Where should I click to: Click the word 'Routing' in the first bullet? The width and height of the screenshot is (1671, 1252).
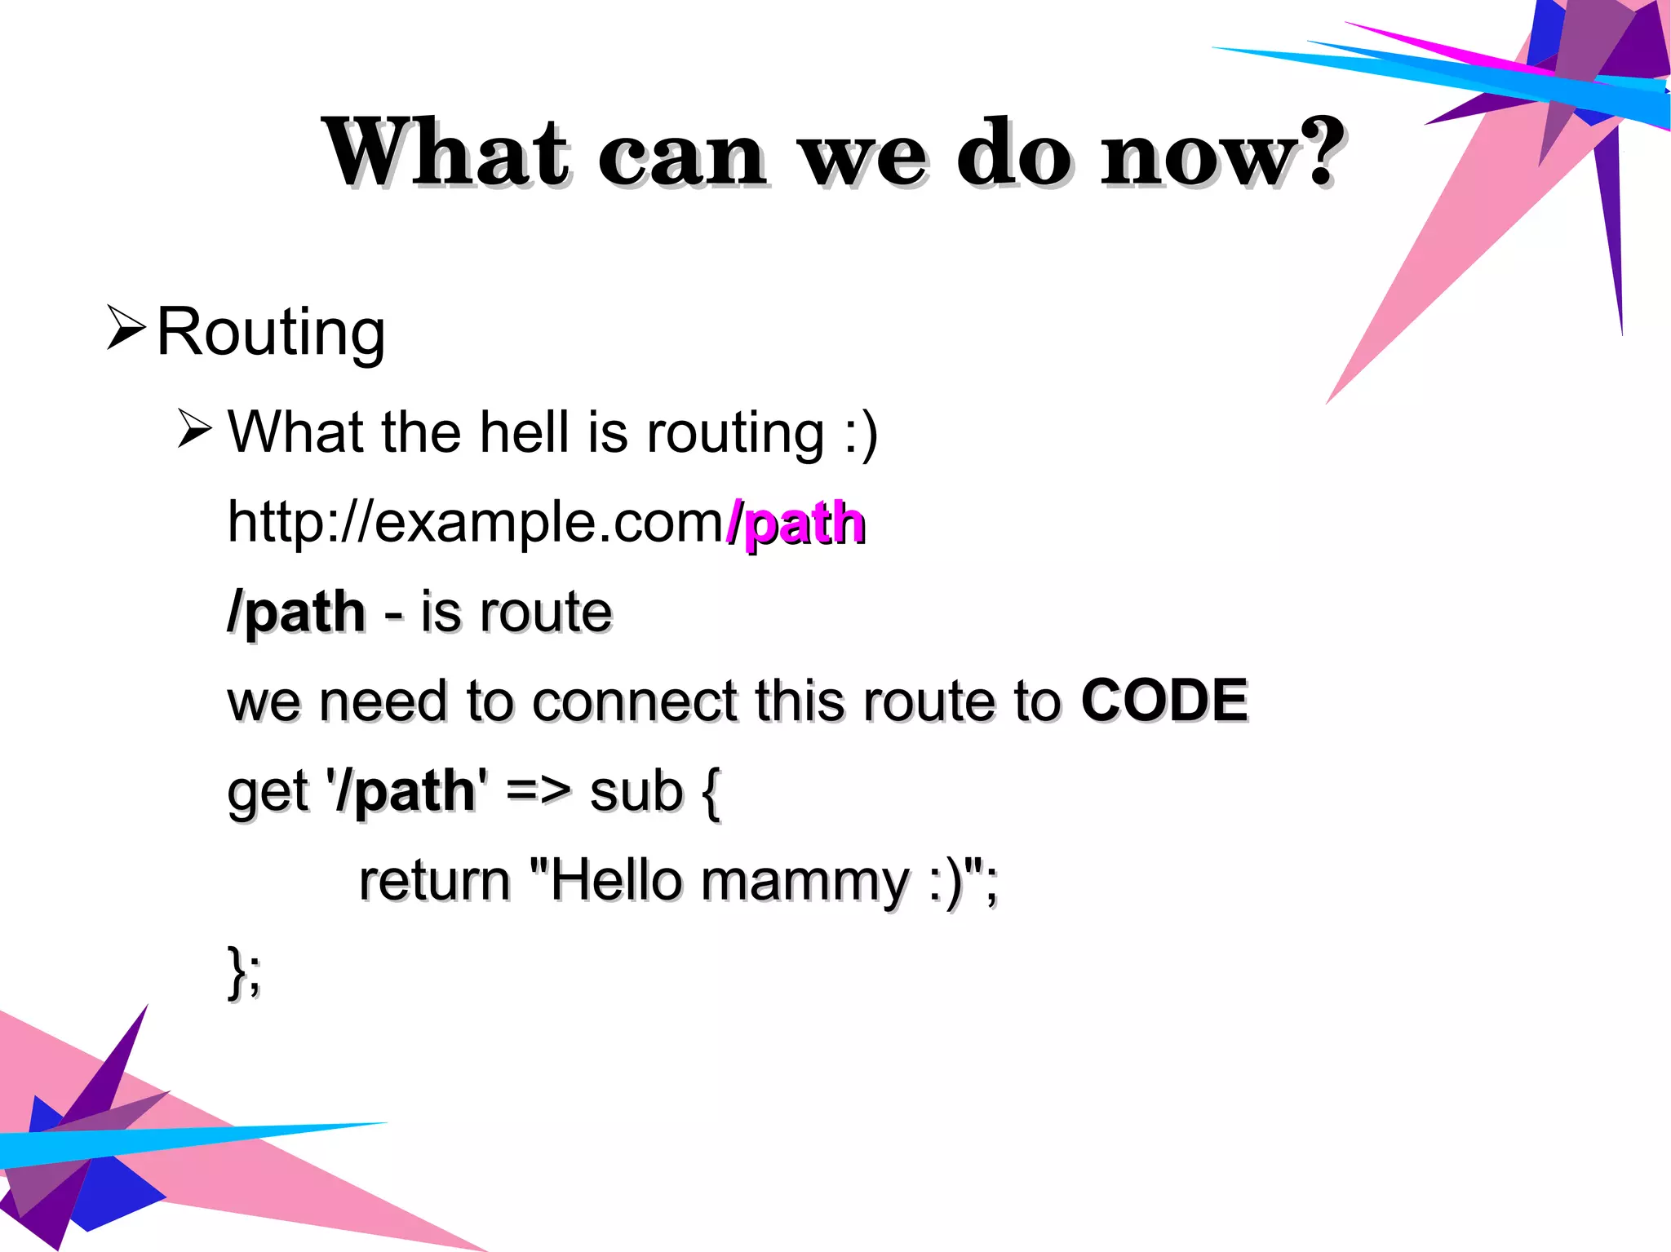coord(270,333)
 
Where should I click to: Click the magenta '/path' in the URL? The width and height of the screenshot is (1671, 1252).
coord(795,524)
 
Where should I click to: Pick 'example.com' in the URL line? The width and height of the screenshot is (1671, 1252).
coord(548,522)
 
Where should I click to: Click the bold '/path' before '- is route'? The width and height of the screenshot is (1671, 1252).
coord(296,613)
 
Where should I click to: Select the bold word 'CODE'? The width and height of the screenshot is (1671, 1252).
coord(1163,701)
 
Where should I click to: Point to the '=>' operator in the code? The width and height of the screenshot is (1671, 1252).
coord(538,791)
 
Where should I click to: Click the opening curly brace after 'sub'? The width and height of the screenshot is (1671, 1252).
coord(710,793)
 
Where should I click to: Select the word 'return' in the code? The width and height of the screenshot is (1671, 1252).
coord(434,881)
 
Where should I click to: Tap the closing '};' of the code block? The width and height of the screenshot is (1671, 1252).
coord(244,971)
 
